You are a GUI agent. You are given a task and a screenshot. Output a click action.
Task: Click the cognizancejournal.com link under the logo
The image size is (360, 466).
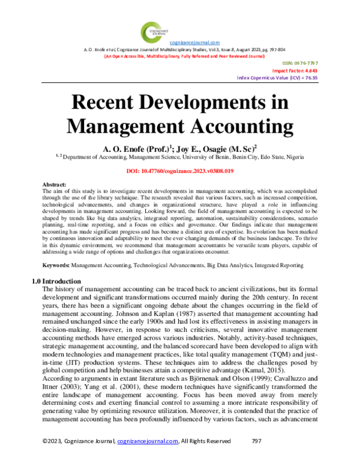click(x=195, y=42)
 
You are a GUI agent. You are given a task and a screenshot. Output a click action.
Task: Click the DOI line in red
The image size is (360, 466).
click(x=180, y=171)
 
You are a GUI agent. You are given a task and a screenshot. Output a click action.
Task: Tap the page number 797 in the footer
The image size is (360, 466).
click(x=256, y=457)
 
